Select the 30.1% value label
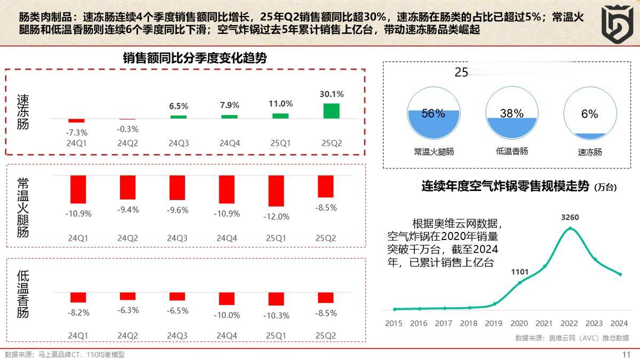point(332,94)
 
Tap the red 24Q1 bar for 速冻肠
point(77,121)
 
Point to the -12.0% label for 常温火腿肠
point(276,217)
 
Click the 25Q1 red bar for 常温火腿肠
point(276,190)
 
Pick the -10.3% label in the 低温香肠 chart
point(276,316)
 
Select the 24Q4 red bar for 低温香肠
point(227,298)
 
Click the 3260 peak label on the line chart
point(570,218)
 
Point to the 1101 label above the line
point(519,272)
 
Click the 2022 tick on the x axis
point(569,323)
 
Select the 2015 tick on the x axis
point(394,323)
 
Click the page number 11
point(627,355)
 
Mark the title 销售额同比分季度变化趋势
point(195,58)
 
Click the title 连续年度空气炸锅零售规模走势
point(506,186)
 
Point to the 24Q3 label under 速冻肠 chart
point(178,143)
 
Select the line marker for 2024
point(620,274)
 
